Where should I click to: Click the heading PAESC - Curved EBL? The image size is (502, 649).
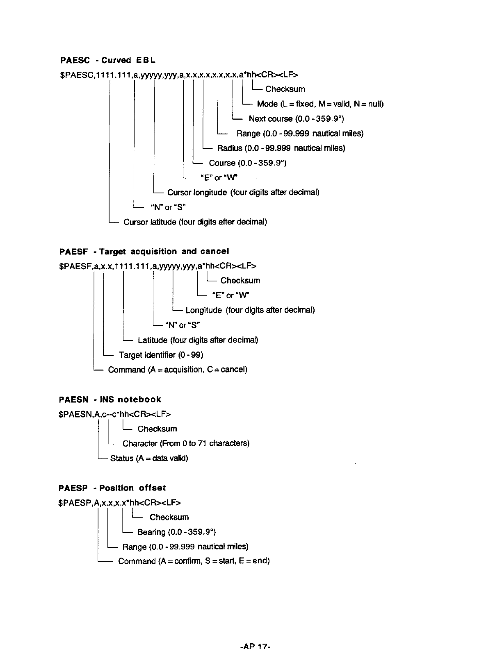click(x=108, y=61)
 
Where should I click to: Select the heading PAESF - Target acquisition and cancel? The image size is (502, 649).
click(x=144, y=251)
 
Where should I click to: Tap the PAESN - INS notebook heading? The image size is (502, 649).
click(x=110, y=399)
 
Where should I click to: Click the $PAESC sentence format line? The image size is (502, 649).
click(x=179, y=75)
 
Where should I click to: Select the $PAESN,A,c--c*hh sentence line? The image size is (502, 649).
click(x=114, y=414)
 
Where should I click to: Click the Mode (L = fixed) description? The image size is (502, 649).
click(x=320, y=104)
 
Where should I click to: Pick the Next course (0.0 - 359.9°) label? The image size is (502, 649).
click(x=296, y=119)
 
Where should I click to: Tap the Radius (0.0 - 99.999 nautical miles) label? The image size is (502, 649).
click(x=281, y=148)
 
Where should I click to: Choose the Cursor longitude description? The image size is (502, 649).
click(x=243, y=193)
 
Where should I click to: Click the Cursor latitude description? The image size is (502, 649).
click(x=195, y=222)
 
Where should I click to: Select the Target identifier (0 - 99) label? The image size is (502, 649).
click(x=161, y=355)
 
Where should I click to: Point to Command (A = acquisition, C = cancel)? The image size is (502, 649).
click(x=178, y=370)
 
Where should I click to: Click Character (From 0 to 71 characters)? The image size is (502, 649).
click(x=186, y=444)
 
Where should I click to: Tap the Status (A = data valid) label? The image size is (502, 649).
click(x=149, y=458)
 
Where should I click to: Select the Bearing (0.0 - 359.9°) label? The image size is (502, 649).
click(x=176, y=532)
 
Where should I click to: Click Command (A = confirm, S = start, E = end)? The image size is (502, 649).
click(x=194, y=561)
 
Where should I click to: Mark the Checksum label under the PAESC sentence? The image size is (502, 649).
click(x=285, y=89)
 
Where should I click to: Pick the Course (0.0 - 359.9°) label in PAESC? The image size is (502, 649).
click(x=247, y=163)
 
